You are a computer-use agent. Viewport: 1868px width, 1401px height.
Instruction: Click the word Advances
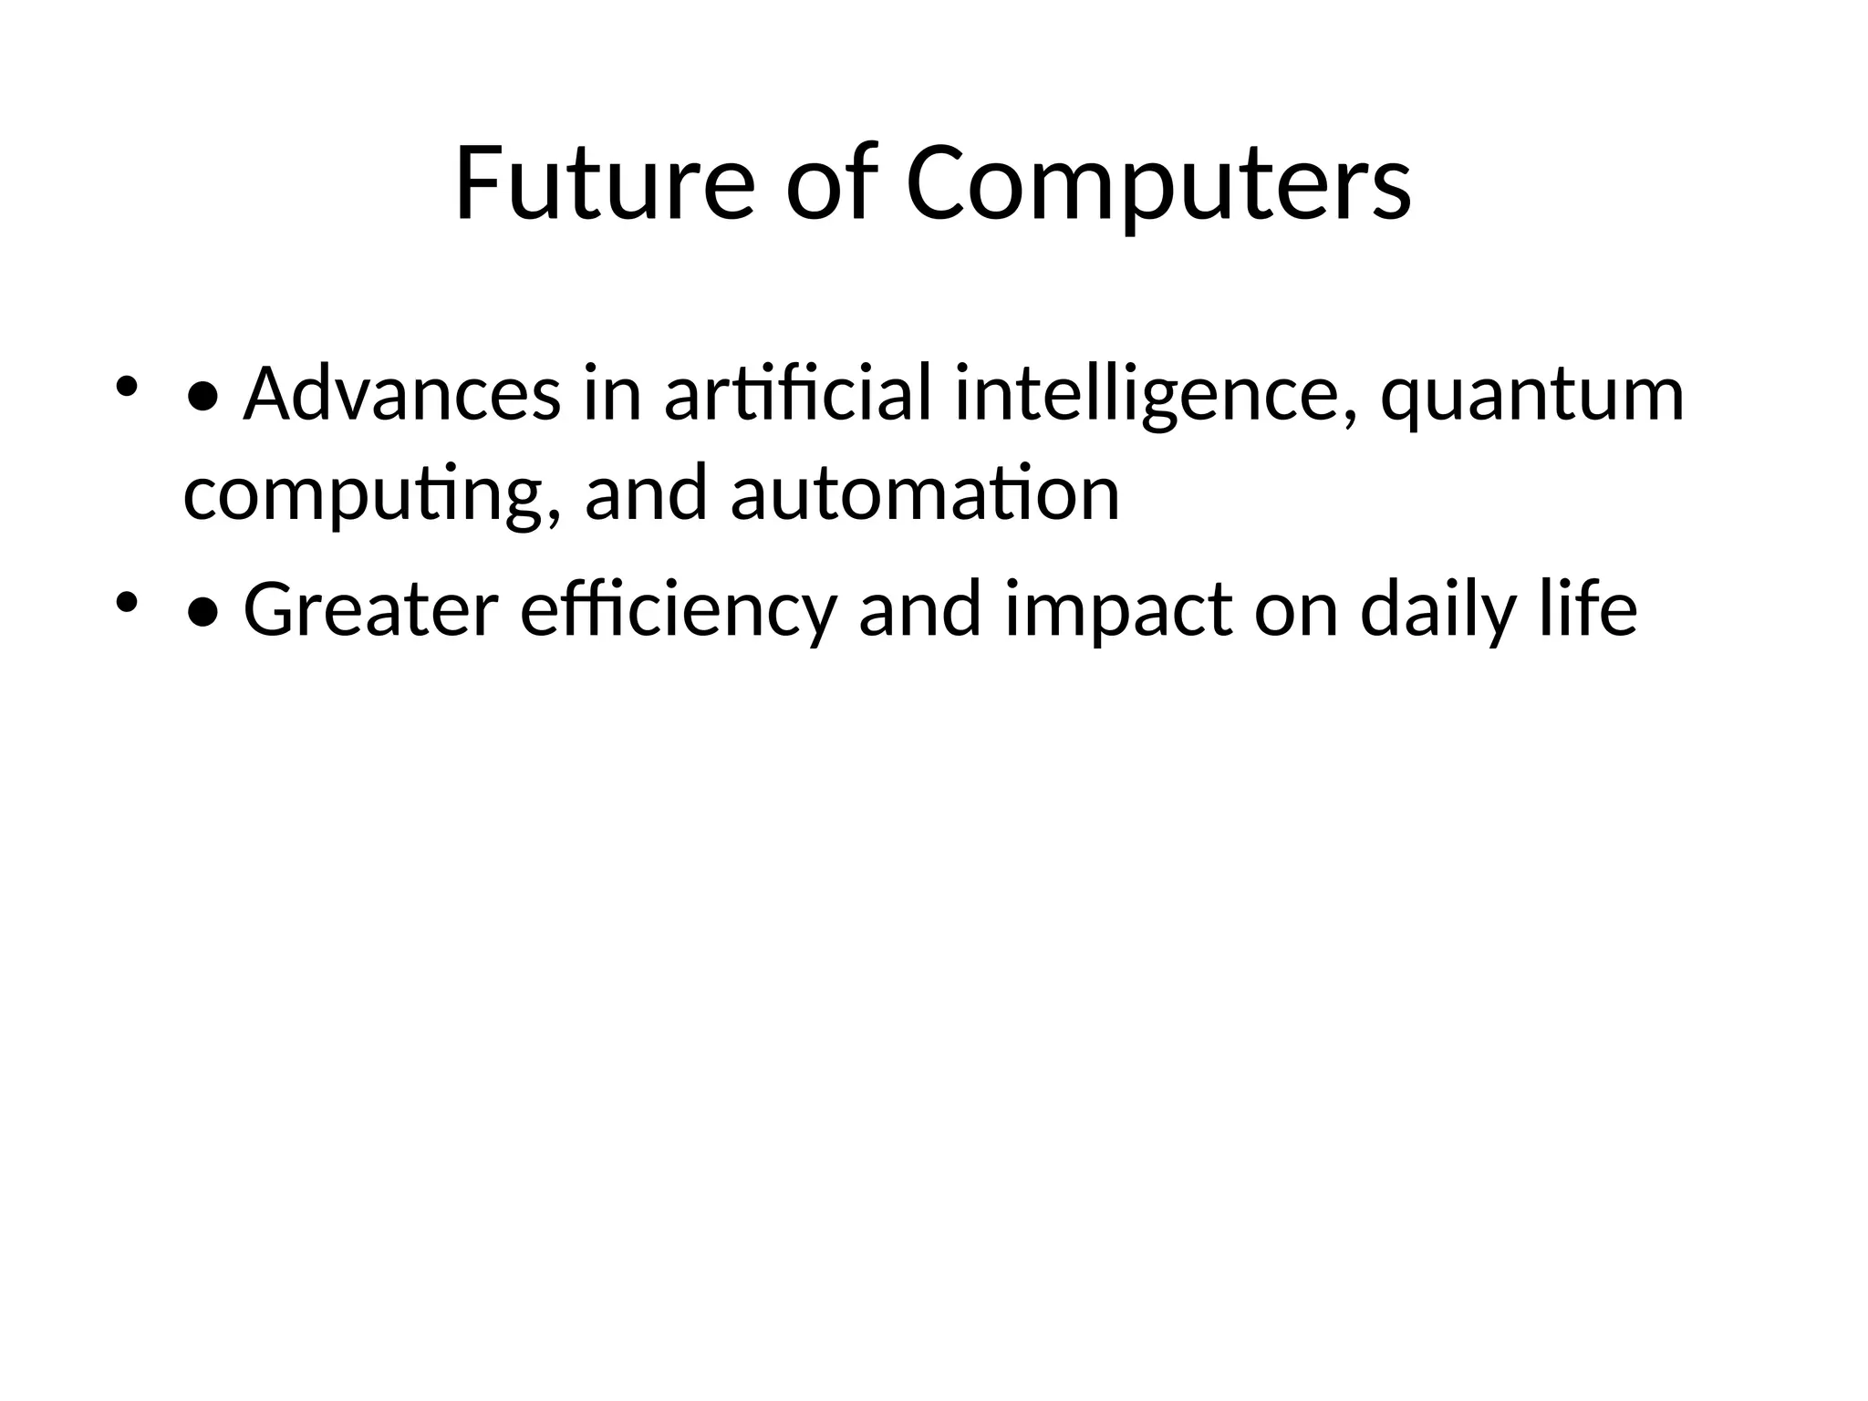pos(401,395)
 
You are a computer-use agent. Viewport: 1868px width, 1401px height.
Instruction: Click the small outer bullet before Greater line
pos(126,601)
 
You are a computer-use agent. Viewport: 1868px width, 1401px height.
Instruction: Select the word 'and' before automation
pos(646,493)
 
